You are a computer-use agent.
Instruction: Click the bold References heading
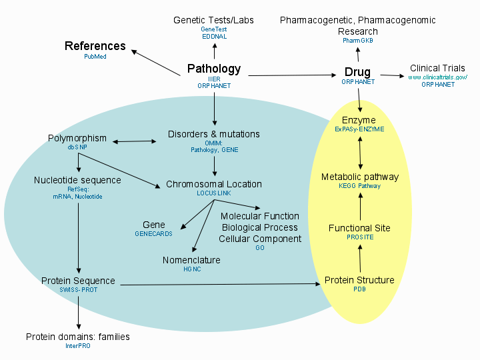click(x=95, y=46)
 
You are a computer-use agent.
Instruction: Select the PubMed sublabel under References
click(x=95, y=57)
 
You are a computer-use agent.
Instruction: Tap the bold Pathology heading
click(x=213, y=69)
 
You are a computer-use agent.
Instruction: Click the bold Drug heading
click(x=357, y=72)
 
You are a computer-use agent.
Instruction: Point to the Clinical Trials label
click(x=438, y=68)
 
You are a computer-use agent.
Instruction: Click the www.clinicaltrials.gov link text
click(x=438, y=77)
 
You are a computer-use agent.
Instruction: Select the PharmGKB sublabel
click(x=357, y=41)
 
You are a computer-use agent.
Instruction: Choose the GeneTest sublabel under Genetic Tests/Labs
click(x=213, y=29)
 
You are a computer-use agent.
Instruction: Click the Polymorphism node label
click(x=77, y=139)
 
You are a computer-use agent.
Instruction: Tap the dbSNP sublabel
click(x=77, y=147)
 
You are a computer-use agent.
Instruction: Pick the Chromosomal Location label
click(x=213, y=184)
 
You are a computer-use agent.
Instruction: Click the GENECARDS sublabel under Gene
click(x=153, y=234)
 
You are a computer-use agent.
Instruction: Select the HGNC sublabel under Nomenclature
click(x=191, y=269)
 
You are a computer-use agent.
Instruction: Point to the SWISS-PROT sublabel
click(x=77, y=290)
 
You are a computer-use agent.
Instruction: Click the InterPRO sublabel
click(x=77, y=346)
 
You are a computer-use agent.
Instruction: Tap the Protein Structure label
click(x=359, y=280)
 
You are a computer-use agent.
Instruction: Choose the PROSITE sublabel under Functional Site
click(x=359, y=237)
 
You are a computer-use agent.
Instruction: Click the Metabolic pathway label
click(x=359, y=177)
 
